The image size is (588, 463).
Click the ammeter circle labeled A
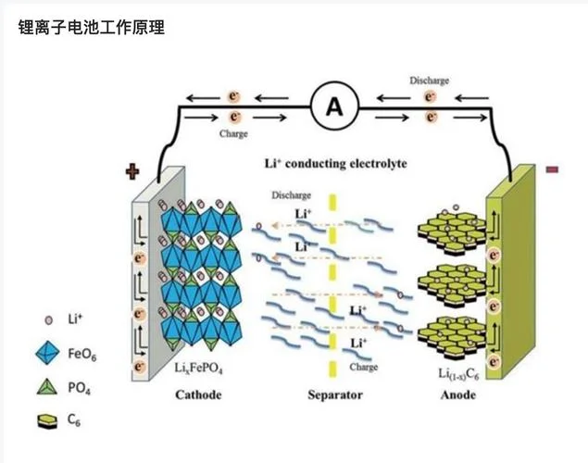334,106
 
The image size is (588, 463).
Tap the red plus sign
132,171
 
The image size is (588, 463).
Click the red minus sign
553,169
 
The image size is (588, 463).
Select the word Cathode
198,394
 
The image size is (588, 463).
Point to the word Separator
335,394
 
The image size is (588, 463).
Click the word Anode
457,394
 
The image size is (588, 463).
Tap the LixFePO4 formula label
199,369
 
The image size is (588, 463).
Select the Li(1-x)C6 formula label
458,374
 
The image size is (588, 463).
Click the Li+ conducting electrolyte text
335,164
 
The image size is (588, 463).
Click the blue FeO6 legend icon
47,353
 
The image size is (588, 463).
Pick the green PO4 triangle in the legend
47,387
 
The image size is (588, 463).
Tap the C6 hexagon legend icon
47,421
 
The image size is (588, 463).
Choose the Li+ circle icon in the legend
49,320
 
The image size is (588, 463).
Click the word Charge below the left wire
233,134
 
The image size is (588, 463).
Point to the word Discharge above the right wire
429,81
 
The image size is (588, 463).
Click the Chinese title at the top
92,28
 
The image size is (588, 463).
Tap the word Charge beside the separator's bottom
363,367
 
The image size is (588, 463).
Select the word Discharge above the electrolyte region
292,195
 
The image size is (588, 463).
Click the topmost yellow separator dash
332,203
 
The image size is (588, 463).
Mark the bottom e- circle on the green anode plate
494,362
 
